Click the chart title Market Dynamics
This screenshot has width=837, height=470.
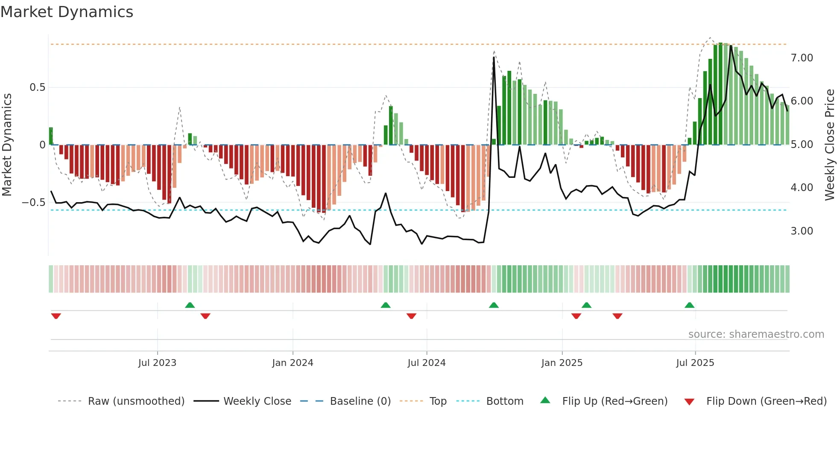click(67, 12)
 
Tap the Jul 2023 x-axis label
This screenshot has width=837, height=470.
click(157, 363)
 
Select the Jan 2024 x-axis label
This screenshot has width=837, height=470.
click(293, 363)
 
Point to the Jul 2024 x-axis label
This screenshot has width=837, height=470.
click(426, 363)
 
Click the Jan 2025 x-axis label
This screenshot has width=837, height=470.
click(562, 363)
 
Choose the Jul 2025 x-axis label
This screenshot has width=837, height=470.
click(695, 363)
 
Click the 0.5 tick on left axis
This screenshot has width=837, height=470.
click(37, 87)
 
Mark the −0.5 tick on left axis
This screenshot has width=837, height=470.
click(34, 203)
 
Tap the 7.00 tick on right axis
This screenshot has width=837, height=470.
click(802, 58)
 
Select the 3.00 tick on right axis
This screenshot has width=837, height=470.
click(802, 231)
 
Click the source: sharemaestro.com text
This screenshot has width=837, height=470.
click(756, 334)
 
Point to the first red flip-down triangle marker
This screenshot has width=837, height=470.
click(56, 316)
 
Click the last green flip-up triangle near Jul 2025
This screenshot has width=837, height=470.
click(689, 305)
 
